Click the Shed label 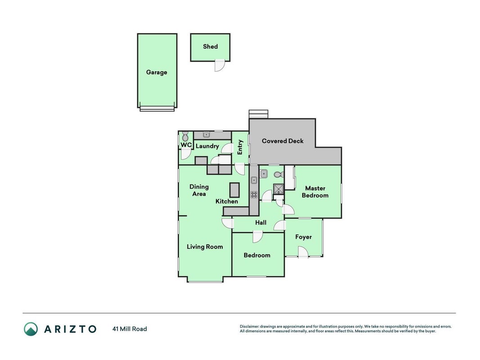210,46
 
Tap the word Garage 157,72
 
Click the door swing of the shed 219,66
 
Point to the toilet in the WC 185,136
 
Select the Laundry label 207,146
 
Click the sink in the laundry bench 206,135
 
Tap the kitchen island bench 234,190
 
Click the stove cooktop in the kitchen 254,194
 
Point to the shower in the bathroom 278,189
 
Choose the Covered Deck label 283,141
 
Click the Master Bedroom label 315,192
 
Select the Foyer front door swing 303,252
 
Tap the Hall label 260,223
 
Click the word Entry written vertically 240,147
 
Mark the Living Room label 205,247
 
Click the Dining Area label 199,190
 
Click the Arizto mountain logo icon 31,329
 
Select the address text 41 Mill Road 130,329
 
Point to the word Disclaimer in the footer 249,327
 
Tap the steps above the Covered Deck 258,114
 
